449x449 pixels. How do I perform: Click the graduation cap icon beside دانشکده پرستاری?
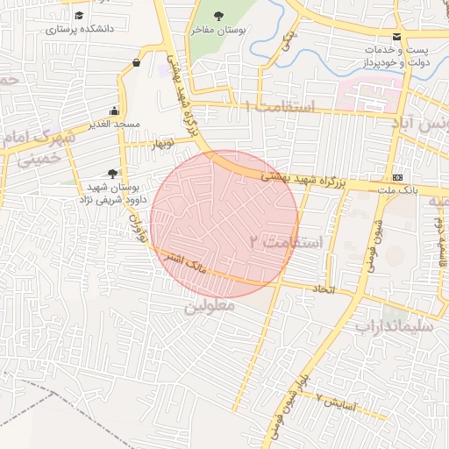(81, 16)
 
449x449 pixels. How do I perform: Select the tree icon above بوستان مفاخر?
(218, 15)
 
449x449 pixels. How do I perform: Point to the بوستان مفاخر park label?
(218, 29)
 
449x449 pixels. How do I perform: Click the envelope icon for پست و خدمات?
(397, 36)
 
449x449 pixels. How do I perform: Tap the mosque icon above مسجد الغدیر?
(114, 111)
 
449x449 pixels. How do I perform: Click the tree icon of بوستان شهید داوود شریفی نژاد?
(111, 174)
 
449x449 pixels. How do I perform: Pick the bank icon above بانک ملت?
(397, 176)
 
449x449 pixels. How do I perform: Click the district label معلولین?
(211, 308)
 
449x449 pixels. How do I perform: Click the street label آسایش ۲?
(334, 402)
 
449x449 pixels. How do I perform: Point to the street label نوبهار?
(163, 142)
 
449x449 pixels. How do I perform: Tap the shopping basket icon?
(136, 62)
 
